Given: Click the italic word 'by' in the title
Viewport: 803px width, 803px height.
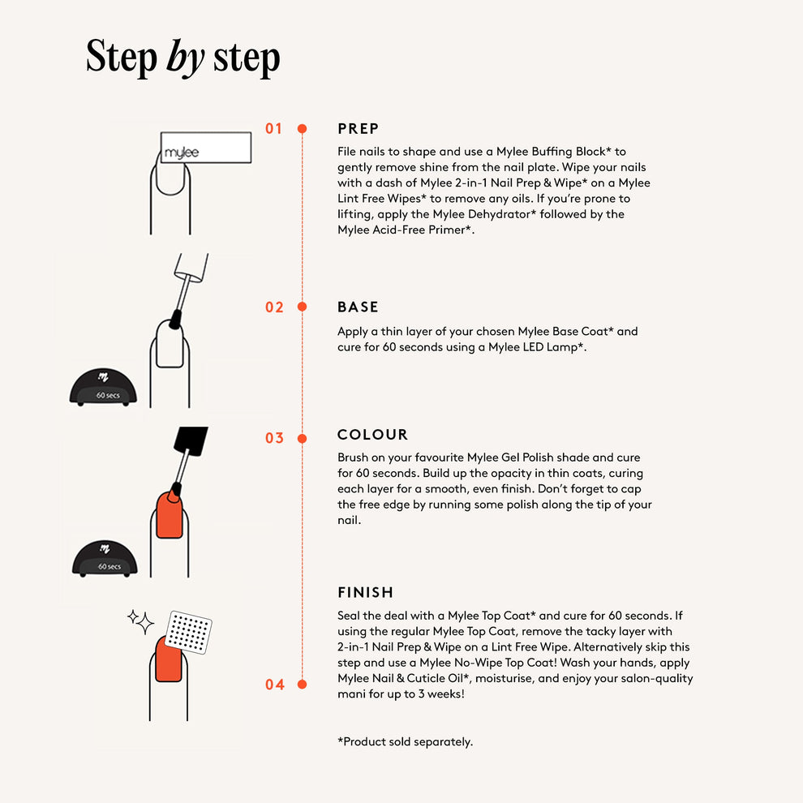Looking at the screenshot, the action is click(x=186, y=58).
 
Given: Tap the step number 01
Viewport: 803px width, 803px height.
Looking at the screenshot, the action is click(x=274, y=128).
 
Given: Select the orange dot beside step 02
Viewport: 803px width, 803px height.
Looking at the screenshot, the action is click(x=303, y=307).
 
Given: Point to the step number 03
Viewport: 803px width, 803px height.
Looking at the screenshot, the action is click(x=274, y=438).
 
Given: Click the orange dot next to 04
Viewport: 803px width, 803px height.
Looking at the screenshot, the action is click(x=303, y=685).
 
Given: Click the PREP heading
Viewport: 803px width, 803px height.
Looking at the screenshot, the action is click(x=359, y=128).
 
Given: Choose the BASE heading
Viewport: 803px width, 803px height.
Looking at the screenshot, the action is click(x=358, y=307).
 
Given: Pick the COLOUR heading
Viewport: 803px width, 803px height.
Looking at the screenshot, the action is click(x=373, y=434).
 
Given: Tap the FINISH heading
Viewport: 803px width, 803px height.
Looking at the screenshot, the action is click(x=366, y=593).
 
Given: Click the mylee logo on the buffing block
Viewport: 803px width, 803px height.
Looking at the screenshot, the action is click(x=182, y=152).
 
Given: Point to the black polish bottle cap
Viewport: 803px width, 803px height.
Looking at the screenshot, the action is click(x=191, y=440).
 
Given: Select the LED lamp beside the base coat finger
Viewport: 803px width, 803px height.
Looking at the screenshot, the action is click(x=104, y=387).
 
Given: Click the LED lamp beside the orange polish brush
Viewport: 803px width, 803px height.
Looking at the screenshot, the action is click(x=105, y=559).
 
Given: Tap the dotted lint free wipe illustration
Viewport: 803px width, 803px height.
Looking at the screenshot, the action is click(x=189, y=632).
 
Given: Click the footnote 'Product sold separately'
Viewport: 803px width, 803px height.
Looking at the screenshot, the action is click(x=405, y=741).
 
